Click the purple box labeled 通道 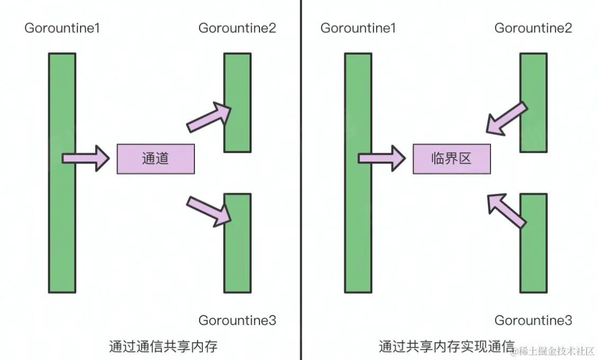156,159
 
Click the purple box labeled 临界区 451,159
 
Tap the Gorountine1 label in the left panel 62,28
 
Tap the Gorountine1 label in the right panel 358,28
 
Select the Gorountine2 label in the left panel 237,28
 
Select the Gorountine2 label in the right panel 533,28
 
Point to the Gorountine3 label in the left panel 237,320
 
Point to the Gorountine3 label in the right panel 533,320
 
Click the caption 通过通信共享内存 163,347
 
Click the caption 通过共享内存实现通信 447,347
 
